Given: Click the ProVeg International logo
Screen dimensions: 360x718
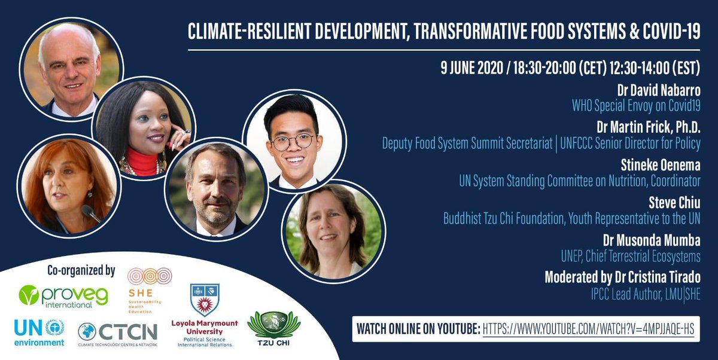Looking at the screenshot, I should [55, 295].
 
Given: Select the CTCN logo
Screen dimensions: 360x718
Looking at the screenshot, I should [117, 333].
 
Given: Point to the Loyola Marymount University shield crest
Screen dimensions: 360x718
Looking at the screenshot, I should [205, 299].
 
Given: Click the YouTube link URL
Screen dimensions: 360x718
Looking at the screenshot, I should [588, 329].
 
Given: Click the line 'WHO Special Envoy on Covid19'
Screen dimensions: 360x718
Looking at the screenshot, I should [635, 106].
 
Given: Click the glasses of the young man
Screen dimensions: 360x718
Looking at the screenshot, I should [293, 142].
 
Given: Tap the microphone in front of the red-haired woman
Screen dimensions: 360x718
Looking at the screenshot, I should [90, 212].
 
